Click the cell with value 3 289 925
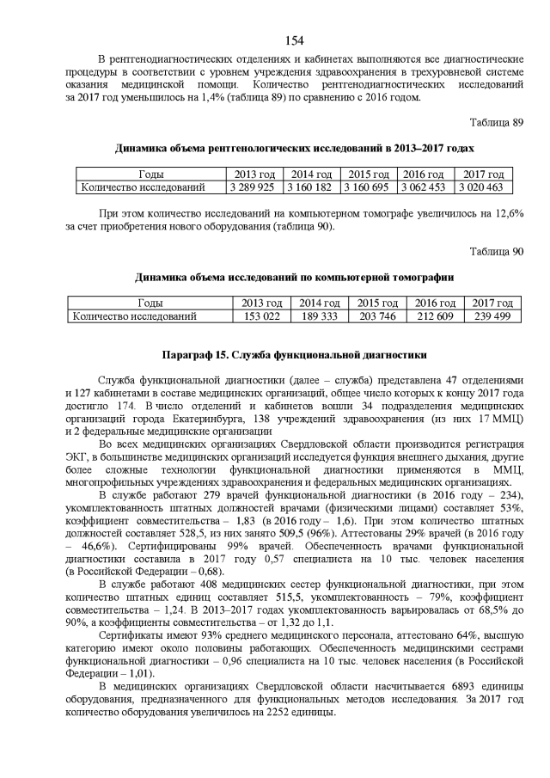(252, 187)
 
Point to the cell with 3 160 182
(309, 187)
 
